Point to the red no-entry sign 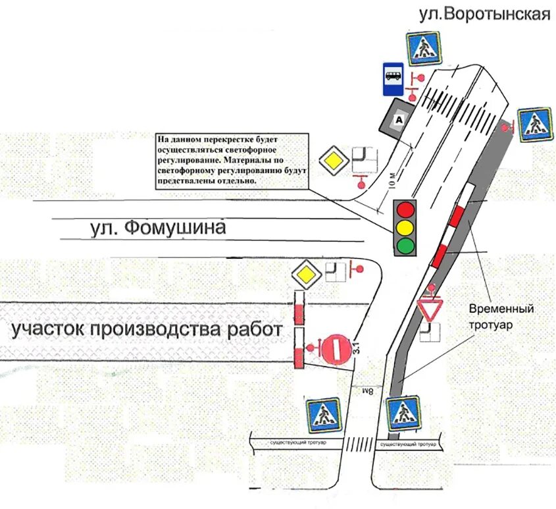(x=336, y=348)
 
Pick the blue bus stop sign (x=392, y=80)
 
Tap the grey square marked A (x=397, y=119)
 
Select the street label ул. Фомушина (x=157, y=228)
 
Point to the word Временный (x=501, y=308)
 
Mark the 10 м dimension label (x=393, y=180)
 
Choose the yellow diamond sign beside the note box (x=334, y=160)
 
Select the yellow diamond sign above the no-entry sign (x=306, y=274)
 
